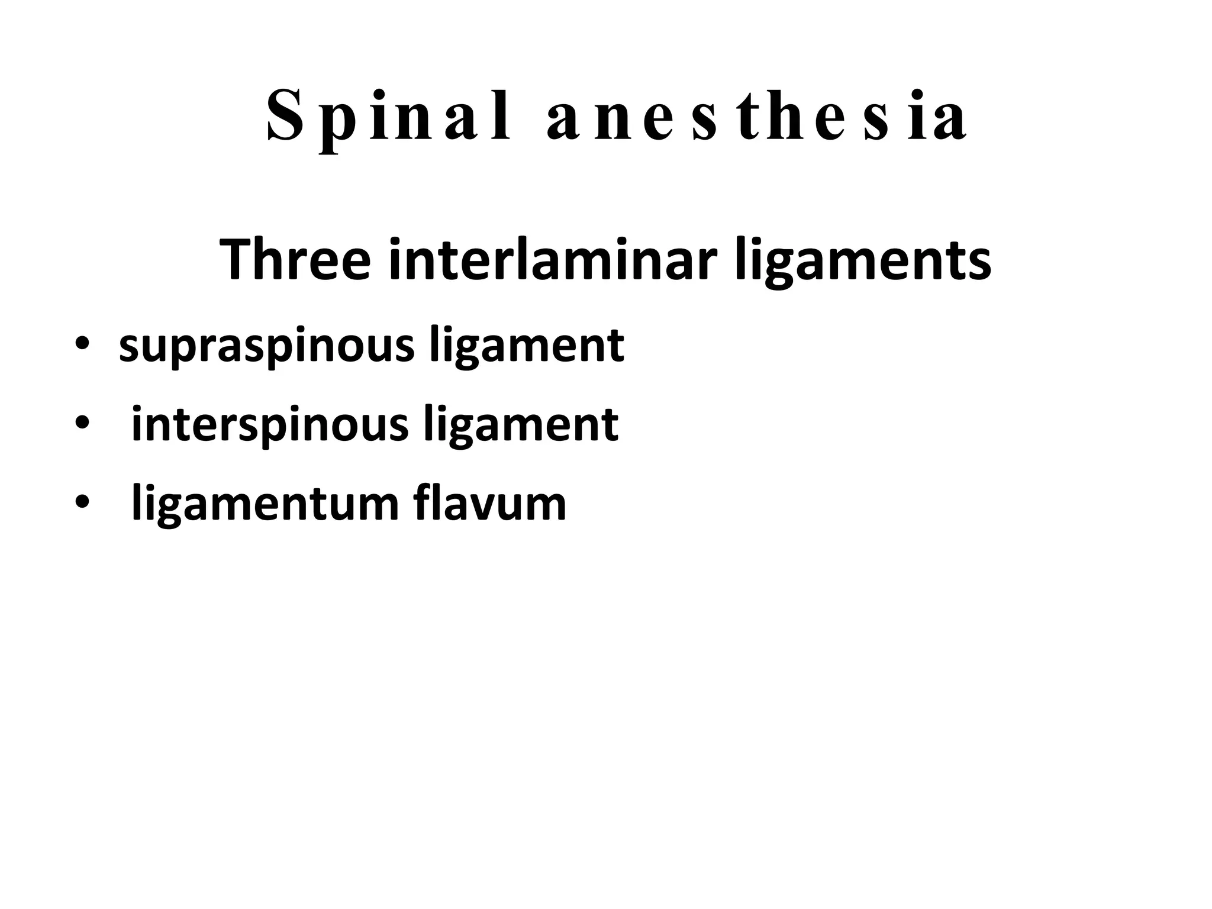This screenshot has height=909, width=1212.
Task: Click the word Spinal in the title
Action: pos(388,117)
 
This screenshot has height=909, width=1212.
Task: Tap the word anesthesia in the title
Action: pos(757,117)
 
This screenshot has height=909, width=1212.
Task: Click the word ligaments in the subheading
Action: pos(863,260)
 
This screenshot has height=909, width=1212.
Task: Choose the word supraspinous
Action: pos(267,346)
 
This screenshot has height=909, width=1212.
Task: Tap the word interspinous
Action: pos(270,425)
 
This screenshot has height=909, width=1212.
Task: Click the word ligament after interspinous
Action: pos(521,425)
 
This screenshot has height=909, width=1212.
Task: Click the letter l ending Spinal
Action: pos(504,115)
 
